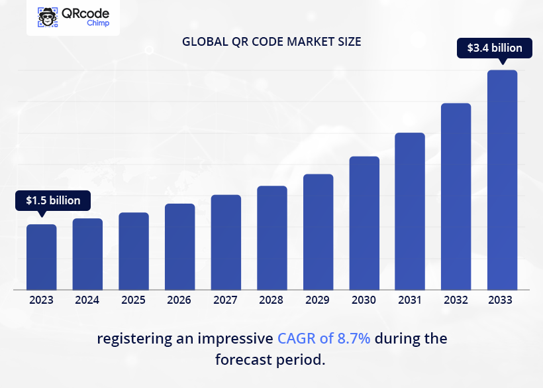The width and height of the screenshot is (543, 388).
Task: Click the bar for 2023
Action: tap(41, 257)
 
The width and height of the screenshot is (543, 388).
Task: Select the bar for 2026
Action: tap(179, 247)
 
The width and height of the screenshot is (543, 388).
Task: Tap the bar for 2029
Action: tap(318, 232)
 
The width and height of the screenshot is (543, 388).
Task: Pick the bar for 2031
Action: tap(410, 211)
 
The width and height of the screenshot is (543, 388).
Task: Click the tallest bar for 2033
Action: tap(502, 180)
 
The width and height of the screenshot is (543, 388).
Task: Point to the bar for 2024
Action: tap(87, 254)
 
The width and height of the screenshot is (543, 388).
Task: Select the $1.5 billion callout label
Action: tap(53, 200)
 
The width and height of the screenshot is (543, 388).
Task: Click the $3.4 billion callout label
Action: tap(495, 48)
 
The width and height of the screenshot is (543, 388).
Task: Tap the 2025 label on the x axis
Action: tap(133, 300)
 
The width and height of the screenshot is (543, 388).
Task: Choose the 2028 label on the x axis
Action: tap(271, 300)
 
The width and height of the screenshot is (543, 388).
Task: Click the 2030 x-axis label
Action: tap(364, 300)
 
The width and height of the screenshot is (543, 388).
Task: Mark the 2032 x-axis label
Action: tap(456, 300)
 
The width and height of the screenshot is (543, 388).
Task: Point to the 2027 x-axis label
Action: tap(225, 300)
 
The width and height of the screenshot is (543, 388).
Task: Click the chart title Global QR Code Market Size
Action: tap(271, 42)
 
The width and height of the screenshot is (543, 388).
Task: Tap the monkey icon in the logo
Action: tap(48, 17)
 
